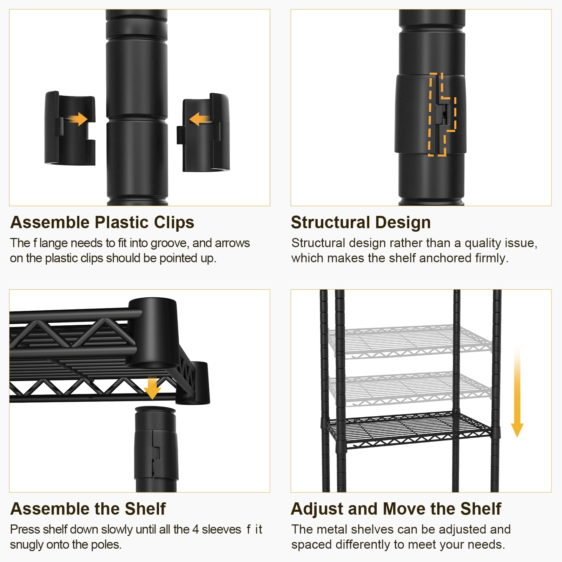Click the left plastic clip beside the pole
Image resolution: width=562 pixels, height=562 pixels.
pyautogui.click(x=70, y=128)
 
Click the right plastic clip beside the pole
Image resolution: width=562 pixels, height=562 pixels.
pyautogui.click(x=204, y=133)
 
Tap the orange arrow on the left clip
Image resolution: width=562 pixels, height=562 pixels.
pyautogui.click(x=78, y=119)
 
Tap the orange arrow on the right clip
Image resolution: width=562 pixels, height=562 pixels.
pyautogui.click(x=199, y=119)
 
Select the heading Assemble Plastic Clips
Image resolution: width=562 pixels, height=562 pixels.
pyautogui.click(x=102, y=222)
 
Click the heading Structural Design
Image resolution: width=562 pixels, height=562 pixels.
pyautogui.click(x=361, y=222)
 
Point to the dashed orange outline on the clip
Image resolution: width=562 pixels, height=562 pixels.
pyautogui.click(x=442, y=114)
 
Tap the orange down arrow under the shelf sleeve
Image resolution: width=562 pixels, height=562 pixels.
pyautogui.click(x=152, y=388)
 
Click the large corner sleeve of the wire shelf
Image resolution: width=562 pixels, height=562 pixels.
pyautogui.click(x=153, y=333)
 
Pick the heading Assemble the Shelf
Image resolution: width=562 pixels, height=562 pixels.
pyautogui.click(x=88, y=509)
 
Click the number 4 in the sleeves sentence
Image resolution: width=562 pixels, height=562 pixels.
pyautogui.click(x=196, y=529)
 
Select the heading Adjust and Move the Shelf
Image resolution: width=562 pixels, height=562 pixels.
pyautogui.click(x=396, y=509)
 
